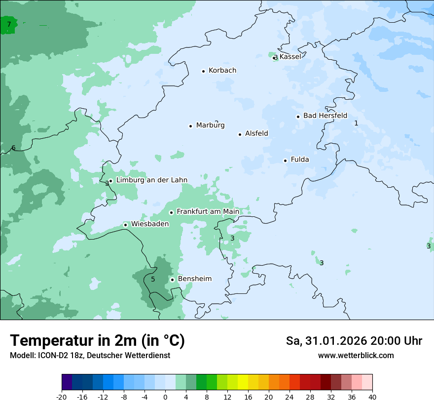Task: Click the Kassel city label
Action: [x=290, y=57]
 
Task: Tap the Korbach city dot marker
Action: [x=203, y=71]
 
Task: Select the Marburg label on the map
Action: [x=210, y=125]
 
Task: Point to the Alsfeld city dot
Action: [x=240, y=134]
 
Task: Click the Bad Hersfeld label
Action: [x=325, y=116]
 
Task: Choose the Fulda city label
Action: [x=300, y=160]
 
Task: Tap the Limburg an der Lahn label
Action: [x=151, y=180]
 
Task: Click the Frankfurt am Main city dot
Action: [x=172, y=212]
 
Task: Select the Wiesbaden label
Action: [x=149, y=224]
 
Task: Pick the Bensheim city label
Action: [x=194, y=279]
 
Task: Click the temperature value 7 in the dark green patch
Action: [x=9, y=24]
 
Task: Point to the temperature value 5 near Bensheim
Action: [x=153, y=280]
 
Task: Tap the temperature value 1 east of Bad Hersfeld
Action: [x=356, y=123]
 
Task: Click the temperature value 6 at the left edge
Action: [x=13, y=148]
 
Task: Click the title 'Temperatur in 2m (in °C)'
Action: [x=97, y=341]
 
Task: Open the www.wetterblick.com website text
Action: [x=356, y=356]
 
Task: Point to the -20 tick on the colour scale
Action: [x=62, y=397]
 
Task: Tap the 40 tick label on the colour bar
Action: [x=372, y=397]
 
